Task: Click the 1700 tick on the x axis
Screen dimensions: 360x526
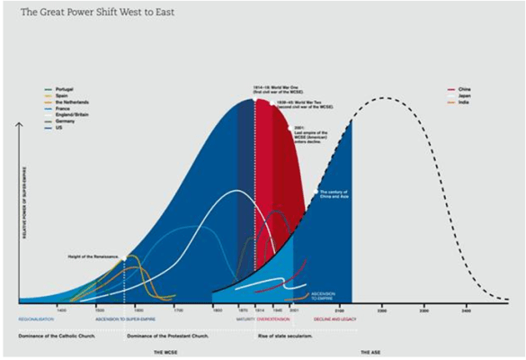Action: [x=178, y=309]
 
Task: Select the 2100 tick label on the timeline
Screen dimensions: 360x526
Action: [x=338, y=309]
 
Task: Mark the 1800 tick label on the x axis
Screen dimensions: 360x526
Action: [x=217, y=309]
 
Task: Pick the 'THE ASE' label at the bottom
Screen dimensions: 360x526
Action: [x=370, y=352]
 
